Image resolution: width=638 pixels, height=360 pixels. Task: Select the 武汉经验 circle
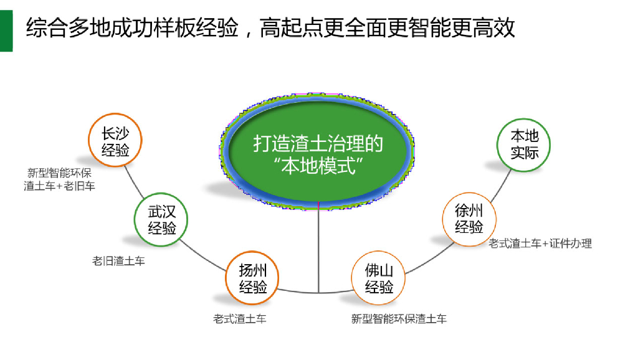pos(161,220)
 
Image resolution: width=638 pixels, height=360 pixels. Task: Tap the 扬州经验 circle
pos(253,278)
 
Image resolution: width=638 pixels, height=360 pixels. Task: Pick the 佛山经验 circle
pos(379,278)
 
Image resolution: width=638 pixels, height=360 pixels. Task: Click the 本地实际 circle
pos(524,143)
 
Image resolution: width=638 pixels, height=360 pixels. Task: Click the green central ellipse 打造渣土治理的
pos(318,149)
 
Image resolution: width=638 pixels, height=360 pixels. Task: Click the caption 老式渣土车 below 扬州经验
pos(240,319)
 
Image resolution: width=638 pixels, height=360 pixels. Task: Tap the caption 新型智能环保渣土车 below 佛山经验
pos(399,319)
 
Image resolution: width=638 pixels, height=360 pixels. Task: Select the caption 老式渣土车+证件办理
pos(540,244)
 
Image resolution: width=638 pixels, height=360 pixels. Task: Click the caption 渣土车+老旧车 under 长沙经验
pos(60,186)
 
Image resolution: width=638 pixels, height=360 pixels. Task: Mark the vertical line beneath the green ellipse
pos(318,249)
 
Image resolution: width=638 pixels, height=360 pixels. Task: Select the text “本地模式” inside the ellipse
pos(318,166)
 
